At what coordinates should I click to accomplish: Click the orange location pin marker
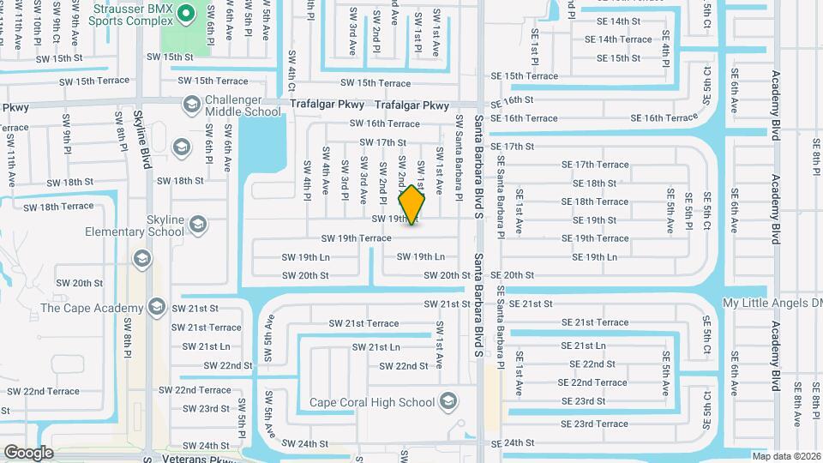click(412, 205)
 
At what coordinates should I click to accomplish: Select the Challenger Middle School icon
click(190, 104)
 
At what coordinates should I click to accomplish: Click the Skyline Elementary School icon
click(198, 225)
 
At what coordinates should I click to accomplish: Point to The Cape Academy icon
click(156, 306)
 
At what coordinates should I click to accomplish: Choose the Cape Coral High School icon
click(448, 400)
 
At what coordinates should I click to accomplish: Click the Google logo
click(28, 453)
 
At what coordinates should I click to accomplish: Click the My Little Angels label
click(772, 304)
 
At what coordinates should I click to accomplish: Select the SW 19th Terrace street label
click(356, 238)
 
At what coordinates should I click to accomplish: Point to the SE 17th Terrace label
click(595, 165)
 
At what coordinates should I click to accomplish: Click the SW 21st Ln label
click(376, 347)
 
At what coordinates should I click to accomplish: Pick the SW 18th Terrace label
click(58, 207)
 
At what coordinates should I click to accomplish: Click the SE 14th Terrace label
click(618, 39)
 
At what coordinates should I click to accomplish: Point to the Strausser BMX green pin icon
click(189, 13)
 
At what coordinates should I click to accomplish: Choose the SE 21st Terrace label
click(595, 322)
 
